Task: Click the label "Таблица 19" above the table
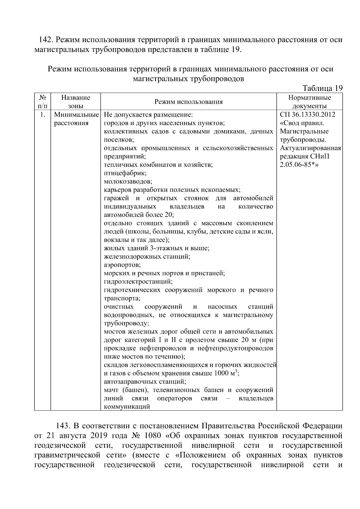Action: [x=322, y=88]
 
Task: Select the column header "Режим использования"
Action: [x=188, y=102]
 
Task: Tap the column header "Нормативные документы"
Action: [x=309, y=102]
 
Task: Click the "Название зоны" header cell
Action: [x=76, y=102]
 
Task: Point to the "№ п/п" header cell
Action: [x=42, y=102]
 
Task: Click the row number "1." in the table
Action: [x=42, y=115]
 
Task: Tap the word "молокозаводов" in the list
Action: [x=128, y=181]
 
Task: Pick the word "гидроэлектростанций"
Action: [x=138, y=282]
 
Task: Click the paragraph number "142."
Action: [x=46, y=40]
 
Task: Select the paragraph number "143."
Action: [x=63, y=426]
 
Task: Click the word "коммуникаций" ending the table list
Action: [x=127, y=407]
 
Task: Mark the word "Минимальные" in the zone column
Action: [x=76, y=115]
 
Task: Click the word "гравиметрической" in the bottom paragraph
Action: [x=67, y=455]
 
